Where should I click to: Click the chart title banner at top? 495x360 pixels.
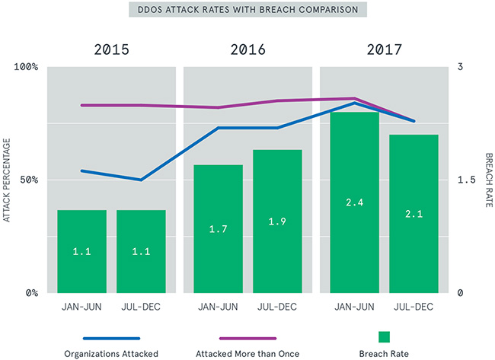pyautogui.click(x=247, y=11)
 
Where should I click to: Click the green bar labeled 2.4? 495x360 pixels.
pyautogui.click(x=354, y=202)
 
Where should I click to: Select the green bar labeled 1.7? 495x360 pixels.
pyautogui.click(x=218, y=228)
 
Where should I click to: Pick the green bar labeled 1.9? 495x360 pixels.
pyautogui.click(x=277, y=221)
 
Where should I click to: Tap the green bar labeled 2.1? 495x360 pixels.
pyautogui.click(x=414, y=214)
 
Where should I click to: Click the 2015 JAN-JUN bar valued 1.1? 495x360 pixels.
pyautogui.click(x=81, y=251)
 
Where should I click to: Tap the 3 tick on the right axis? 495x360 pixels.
pyautogui.click(x=460, y=67)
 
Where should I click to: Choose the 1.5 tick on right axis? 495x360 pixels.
pyautogui.click(x=464, y=180)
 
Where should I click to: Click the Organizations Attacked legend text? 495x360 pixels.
pyautogui.click(x=111, y=353)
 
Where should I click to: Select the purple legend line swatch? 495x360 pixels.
pyautogui.click(x=247, y=337)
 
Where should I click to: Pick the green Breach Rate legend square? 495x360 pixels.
pyautogui.click(x=384, y=337)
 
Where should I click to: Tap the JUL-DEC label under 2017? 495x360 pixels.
pyautogui.click(x=414, y=307)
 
